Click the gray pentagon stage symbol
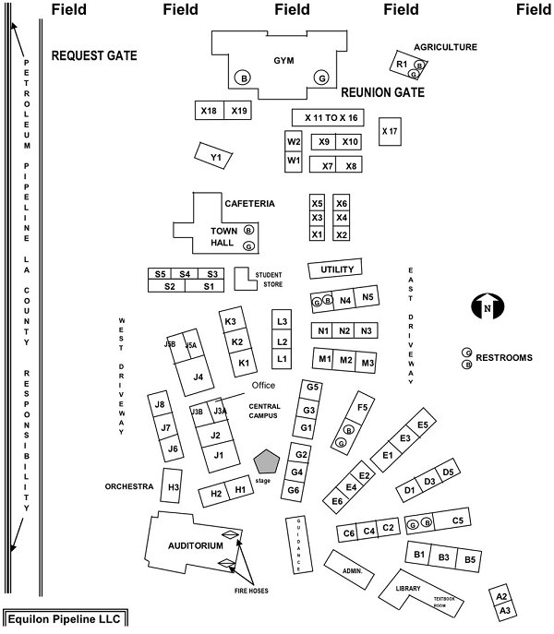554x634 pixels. [x=268, y=461]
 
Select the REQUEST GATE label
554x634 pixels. [x=94, y=56]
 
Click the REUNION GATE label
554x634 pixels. [x=382, y=93]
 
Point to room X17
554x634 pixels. [x=390, y=131]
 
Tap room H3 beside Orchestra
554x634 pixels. [x=173, y=485]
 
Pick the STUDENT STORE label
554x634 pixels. [x=269, y=279]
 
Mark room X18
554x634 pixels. [x=209, y=111]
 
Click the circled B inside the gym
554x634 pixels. [x=243, y=78]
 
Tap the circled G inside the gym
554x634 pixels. [x=322, y=78]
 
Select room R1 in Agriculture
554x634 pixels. [x=402, y=65]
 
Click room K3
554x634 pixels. [x=231, y=320]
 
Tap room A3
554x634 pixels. [x=504, y=610]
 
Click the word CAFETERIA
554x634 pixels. [x=249, y=203]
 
